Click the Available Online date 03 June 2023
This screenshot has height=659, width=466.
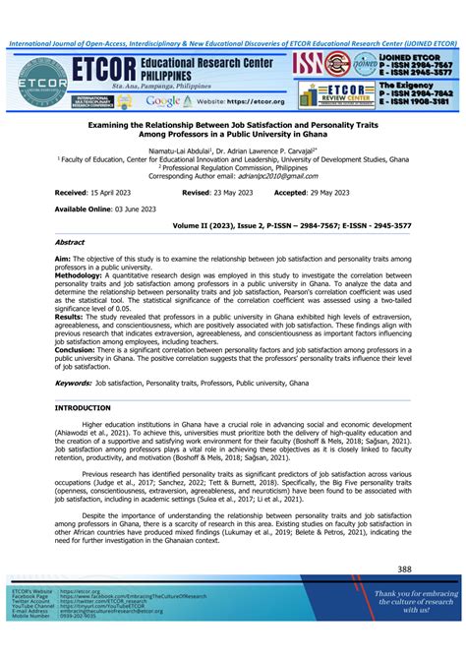click(124, 210)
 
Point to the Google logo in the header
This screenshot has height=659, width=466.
click(162, 100)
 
